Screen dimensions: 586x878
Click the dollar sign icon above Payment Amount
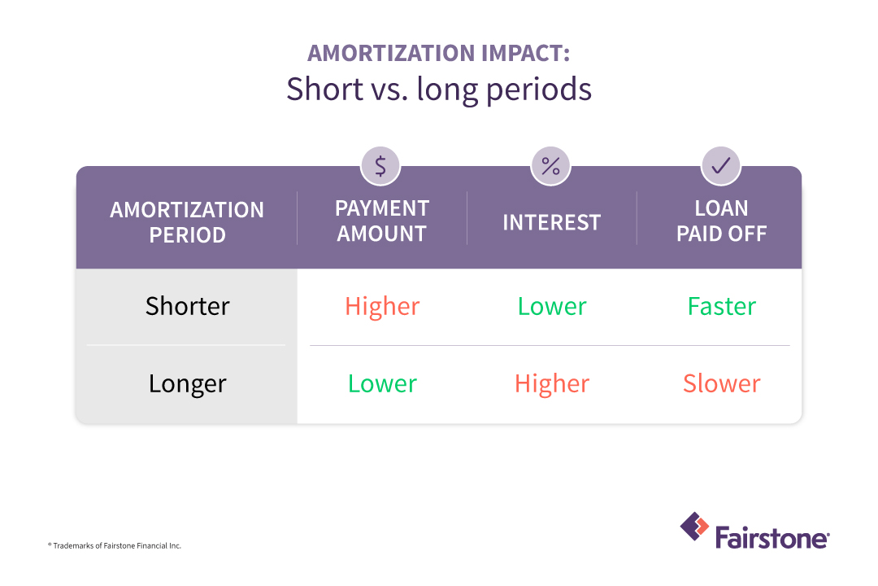click(x=380, y=166)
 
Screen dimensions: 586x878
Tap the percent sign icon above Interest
click(x=550, y=166)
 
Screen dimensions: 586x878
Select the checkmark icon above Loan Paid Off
click(x=721, y=166)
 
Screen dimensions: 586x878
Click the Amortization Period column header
click(x=187, y=222)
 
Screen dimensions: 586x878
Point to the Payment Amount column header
click(x=382, y=221)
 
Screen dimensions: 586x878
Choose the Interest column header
click(x=551, y=222)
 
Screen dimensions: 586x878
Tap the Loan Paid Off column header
click(x=722, y=221)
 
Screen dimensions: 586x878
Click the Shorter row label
click(x=188, y=306)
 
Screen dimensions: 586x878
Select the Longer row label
click(x=188, y=383)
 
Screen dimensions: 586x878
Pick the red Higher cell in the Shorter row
click(x=382, y=306)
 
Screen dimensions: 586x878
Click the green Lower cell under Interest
click(x=552, y=306)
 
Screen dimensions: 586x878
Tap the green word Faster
click(x=722, y=306)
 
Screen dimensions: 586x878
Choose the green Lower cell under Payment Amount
click(x=382, y=383)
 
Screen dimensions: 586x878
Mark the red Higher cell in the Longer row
click(x=552, y=383)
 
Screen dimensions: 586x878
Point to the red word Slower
click(x=722, y=383)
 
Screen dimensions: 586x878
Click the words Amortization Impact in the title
click(x=438, y=54)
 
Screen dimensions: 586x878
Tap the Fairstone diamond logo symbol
click(x=694, y=527)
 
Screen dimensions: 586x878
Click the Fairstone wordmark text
click(x=772, y=537)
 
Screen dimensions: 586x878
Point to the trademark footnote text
click(x=115, y=545)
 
